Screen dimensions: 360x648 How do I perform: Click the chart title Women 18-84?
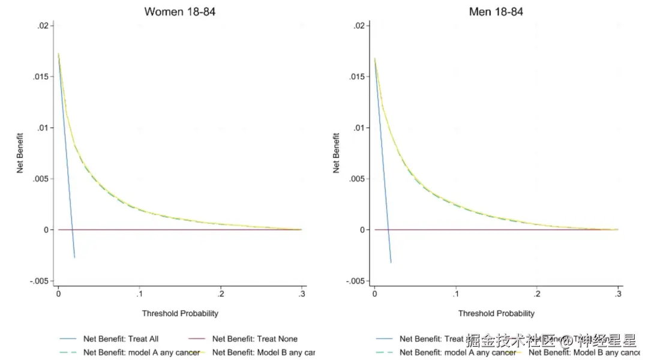tap(180, 11)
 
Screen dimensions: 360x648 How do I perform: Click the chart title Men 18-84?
tap(496, 11)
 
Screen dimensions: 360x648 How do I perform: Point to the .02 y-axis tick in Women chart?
tap(43, 26)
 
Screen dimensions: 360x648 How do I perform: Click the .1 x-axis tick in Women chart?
tap(139, 295)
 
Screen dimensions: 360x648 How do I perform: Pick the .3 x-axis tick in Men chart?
tap(618, 295)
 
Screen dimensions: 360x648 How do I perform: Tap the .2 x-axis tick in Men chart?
tap(537, 295)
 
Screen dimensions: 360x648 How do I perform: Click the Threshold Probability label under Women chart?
tap(180, 313)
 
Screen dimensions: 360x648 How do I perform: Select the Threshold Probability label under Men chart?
tap(496, 313)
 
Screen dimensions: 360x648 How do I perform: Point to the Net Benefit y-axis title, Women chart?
tap(20, 153)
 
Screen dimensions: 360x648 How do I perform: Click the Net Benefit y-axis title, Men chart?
tap(336, 153)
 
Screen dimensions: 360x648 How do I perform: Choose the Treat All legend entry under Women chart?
tap(121, 339)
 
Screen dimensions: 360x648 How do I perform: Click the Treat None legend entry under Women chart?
tap(254, 339)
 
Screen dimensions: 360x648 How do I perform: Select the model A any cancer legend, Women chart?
tap(141, 352)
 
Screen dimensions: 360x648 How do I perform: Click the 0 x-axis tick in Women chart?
tap(58, 295)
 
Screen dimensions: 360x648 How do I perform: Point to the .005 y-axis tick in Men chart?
tap(356, 179)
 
